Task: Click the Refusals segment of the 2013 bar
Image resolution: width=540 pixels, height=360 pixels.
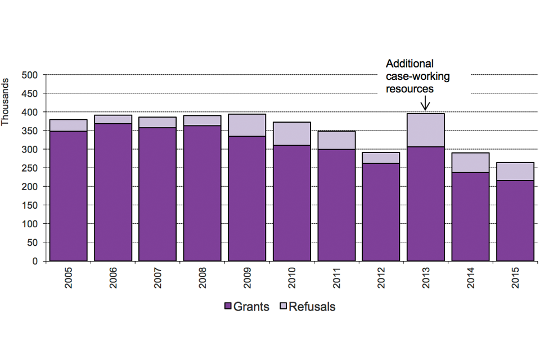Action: tap(426, 130)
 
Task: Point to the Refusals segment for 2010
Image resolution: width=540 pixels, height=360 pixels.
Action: tap(292, 133)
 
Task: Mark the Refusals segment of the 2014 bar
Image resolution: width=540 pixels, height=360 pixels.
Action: tap(470, 163)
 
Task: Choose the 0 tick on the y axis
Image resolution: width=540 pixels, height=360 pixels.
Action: tap(34, 262)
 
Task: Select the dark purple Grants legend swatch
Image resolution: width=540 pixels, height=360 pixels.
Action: tap(228, 307)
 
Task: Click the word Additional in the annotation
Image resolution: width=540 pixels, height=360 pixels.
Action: tap(409, 64)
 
